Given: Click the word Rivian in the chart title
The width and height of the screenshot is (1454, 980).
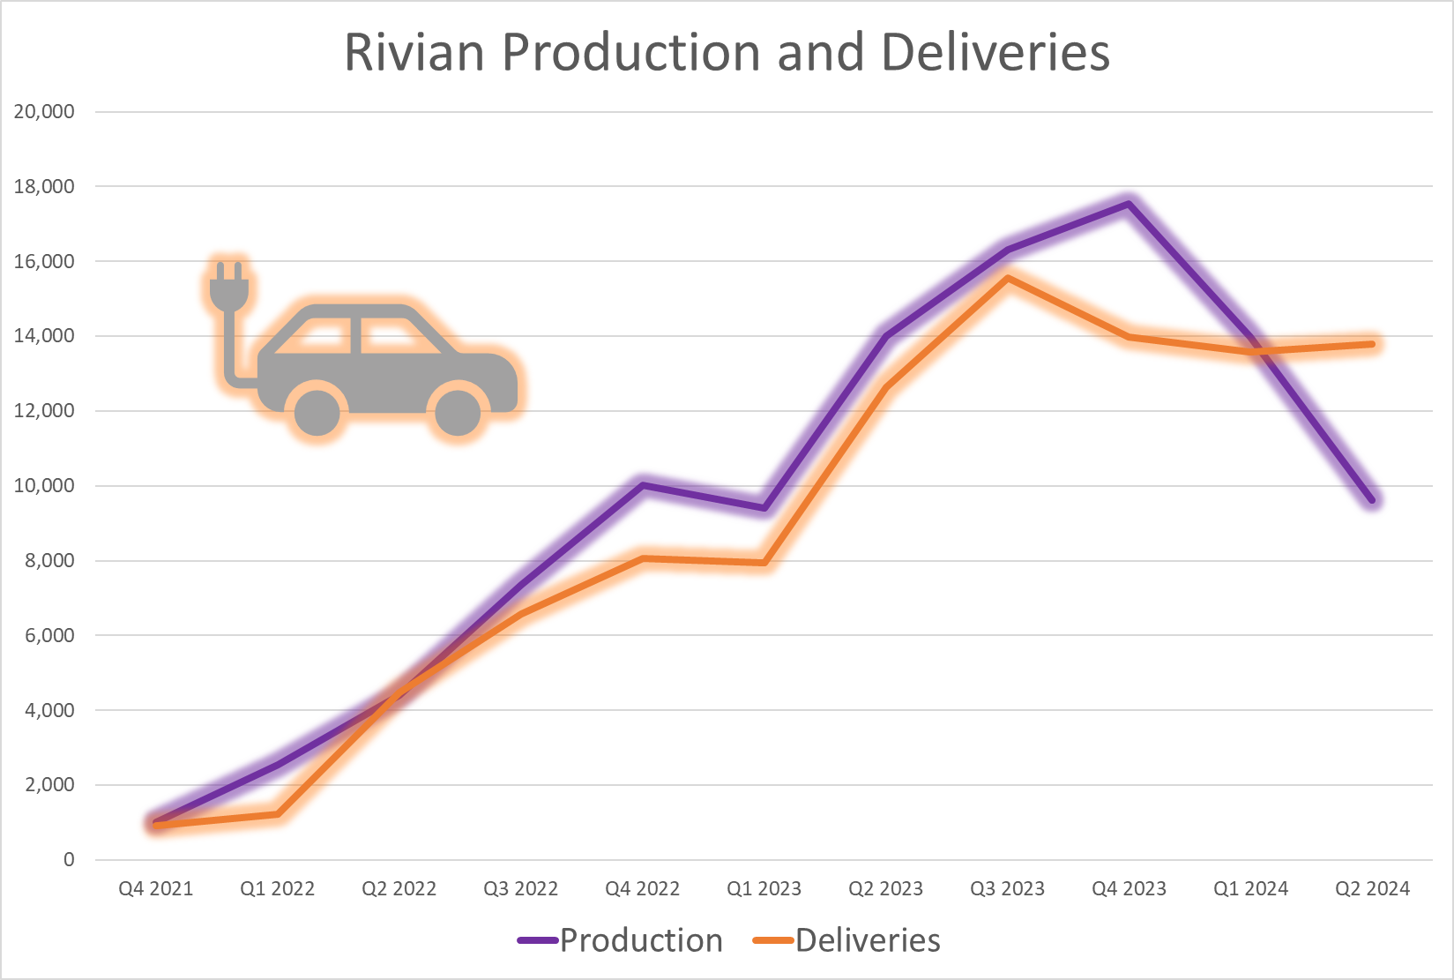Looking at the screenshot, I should click(414, 52).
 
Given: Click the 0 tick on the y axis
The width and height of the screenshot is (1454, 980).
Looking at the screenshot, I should click(69, 860).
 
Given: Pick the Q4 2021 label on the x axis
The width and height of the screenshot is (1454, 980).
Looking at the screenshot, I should click(156, 889).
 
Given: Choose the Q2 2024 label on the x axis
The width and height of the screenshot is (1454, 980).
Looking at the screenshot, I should click(1372, 889).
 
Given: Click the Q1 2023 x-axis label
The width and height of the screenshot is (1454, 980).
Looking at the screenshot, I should click(764, 889).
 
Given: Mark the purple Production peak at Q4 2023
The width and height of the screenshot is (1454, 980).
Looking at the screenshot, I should click(1129, 205).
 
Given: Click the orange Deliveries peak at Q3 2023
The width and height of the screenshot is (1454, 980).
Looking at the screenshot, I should click(1007, 278).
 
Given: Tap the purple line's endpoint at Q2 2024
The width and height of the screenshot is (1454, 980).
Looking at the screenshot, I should click(1372, 500).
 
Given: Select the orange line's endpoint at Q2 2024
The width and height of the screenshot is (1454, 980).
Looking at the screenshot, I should click(1372, 344).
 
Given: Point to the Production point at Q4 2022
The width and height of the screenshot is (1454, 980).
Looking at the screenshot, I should click(643, 485).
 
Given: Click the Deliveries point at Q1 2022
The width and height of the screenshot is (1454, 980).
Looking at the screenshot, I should click(278, 814).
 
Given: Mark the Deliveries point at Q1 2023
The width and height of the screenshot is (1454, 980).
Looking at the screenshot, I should click(764, 563).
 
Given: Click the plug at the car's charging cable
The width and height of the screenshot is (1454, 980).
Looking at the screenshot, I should click(229, 287).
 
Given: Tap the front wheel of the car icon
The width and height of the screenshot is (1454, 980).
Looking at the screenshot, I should click(458, 411).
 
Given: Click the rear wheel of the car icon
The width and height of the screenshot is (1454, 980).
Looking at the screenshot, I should click(317, 411).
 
